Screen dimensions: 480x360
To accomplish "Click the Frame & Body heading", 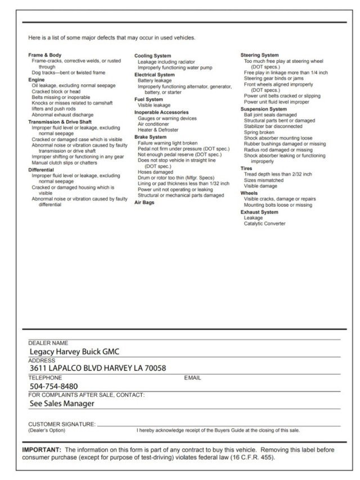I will click(44, 55).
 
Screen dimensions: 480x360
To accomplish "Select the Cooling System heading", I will click(152, 56).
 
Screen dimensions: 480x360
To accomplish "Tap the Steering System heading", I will click(259, 55).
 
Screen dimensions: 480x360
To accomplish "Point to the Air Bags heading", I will click(145, 202).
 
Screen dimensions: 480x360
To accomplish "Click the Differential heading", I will click(41, 170).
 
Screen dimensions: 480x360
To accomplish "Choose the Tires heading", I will click(246, 168).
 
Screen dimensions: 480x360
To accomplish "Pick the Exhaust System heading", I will click(259, 212).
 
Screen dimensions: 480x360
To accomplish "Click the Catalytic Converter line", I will click(264, 224).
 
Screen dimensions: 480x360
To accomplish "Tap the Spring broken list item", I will click(259, 133).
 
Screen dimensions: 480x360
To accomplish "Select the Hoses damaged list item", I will click(156, 172).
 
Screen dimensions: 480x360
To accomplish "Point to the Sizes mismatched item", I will click(264, 180).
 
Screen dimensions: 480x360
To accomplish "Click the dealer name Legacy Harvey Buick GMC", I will click(74, 352).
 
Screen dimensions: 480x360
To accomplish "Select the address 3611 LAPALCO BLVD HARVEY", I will click(98, 368).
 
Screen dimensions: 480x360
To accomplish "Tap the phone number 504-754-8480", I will click(54, 386).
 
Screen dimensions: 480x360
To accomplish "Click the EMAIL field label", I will click(192, 378).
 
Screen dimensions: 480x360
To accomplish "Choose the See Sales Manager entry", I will click(61, 403).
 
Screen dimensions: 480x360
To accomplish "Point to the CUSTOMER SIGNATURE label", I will click(62, 424).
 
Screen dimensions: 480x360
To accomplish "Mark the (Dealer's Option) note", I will click(47, 431).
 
